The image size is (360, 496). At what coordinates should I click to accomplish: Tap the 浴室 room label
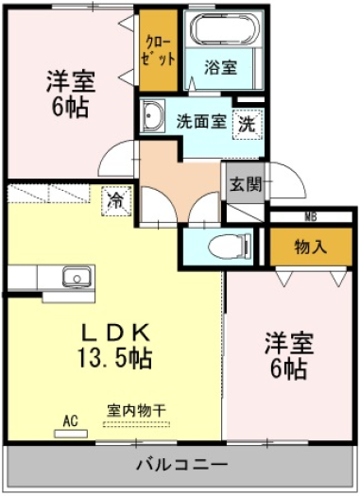coord(220,67)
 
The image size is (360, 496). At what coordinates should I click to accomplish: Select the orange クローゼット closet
coord(159,51)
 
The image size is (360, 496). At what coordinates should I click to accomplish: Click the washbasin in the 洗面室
coord(152,115)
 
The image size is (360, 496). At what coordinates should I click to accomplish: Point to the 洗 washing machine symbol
coord(248,125)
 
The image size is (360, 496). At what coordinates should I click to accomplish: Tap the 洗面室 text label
coord(201,121)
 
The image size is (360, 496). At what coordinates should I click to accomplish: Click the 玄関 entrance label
coord(246,184)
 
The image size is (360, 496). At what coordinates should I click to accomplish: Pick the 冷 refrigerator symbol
coord(116,201)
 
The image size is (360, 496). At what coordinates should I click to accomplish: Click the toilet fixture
coord(230,246)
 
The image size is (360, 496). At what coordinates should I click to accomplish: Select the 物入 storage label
coord(310,247)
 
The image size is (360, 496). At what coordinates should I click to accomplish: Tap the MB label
coord(311,217)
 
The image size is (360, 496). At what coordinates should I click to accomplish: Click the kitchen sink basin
coord(77,277)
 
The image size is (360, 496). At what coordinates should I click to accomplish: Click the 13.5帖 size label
coord(115,358)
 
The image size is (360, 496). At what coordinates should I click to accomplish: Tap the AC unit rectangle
coord(71,434)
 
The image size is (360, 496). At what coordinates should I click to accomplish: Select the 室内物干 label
coord(136,411)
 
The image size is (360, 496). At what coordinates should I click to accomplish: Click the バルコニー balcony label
coord(182,465)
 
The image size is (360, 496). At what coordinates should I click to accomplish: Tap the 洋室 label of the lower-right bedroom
coord(289,344)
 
